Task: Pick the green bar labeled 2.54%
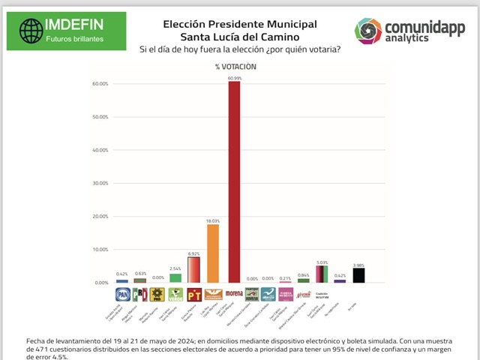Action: tap(175, 277)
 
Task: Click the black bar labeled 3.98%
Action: tap(359, 275)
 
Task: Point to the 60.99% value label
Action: tap(235, 78)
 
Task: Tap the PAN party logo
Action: tap(122, 294)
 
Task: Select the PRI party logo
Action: tap(139, 294)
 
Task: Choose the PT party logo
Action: tap(193, 294)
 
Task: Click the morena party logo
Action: tap(234, 294)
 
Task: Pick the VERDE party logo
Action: tap(175, 294)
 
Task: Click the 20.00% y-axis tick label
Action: tap(100, 216)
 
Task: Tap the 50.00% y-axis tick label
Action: tap(100, 117)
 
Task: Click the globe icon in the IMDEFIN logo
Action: tap(31, 31)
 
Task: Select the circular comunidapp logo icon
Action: tap(368, 31)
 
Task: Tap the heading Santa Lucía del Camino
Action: tap(240, 37)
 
